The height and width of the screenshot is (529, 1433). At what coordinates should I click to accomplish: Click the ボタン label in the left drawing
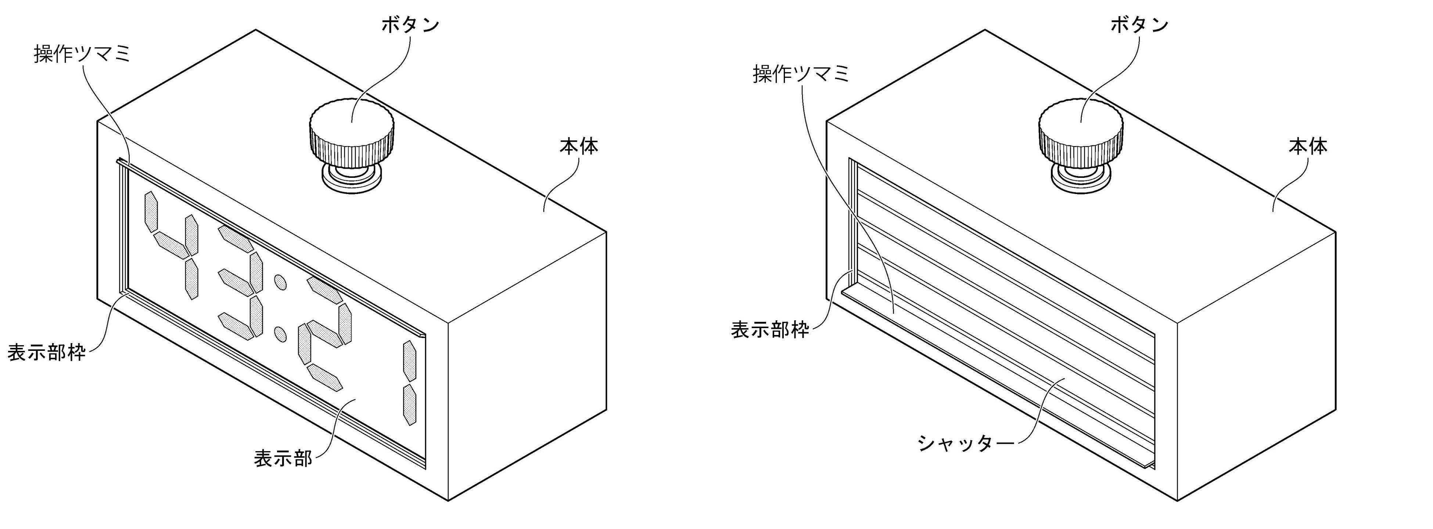pyautogui.click(x=410, y=25)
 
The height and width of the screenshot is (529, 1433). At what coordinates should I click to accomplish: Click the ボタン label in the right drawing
pyautogui.click(x=1139, y=25)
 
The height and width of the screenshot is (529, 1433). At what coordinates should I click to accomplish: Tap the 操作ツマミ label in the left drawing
pyautogui.click(x=82, y=54)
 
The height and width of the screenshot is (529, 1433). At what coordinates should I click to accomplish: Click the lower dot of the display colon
pyautogui.click(x=280, y=334)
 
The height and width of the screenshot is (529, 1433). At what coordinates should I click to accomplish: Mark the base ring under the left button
pyautogui.click(x=352, y=179)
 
